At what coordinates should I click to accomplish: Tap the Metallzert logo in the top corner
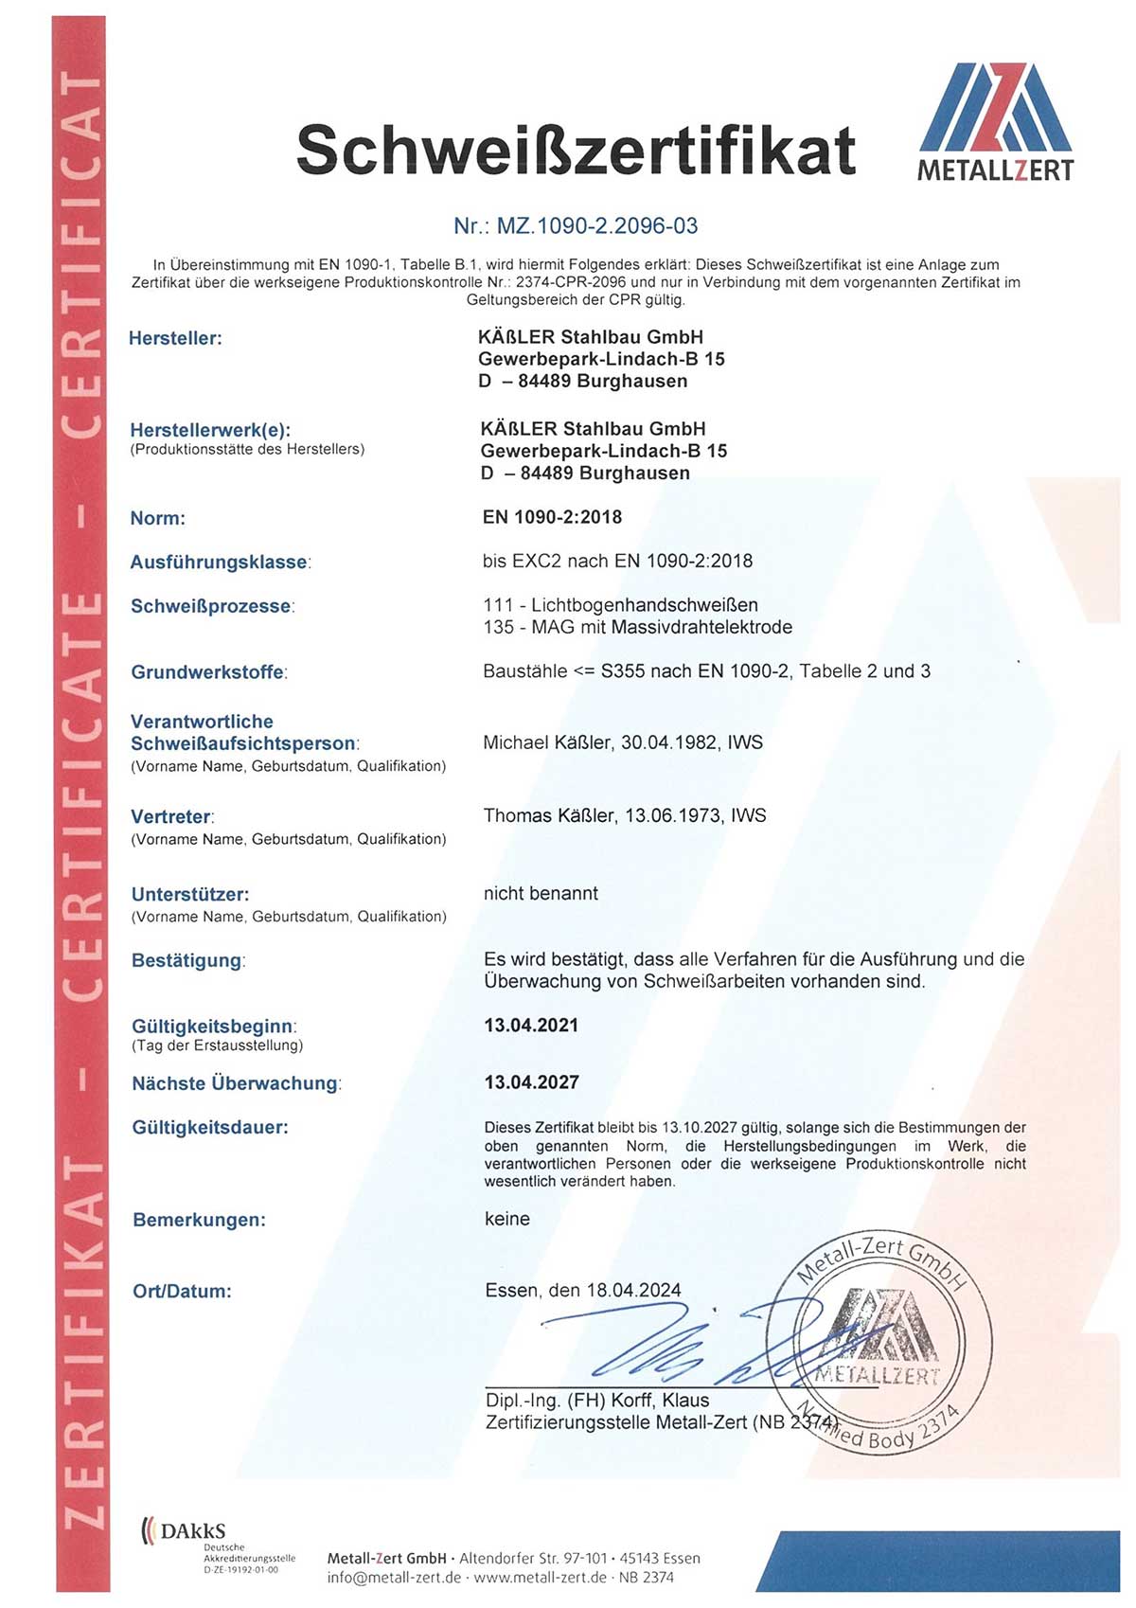click(x=996, y=121)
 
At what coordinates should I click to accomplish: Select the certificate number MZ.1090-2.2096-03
click(x=576, y=226)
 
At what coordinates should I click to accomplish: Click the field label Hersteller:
click(x=175, y=338)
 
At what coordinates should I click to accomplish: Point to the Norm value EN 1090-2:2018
click(x=552, y=517)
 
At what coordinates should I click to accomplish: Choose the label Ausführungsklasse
click(x=220, y=563)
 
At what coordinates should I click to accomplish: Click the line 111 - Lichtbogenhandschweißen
click(x=620, y=605)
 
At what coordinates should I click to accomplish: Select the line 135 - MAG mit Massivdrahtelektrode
click(x=637, y=627)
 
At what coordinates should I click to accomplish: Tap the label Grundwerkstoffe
click(x=207, y=672)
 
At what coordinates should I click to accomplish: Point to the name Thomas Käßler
click(x=549, y=815)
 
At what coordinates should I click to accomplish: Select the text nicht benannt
click(x=541, y=893)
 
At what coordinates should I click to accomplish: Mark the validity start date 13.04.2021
click(x=531, y=1026)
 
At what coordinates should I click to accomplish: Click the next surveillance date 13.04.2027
click(x=531, y=1082)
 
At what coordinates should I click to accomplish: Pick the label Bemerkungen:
click(x=199, y=1220)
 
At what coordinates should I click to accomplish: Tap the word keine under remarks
click(x=506, y=1219)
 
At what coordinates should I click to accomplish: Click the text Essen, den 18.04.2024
click(x=582, y=1291)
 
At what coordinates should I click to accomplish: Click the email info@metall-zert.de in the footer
click(x=394, y=1578)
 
